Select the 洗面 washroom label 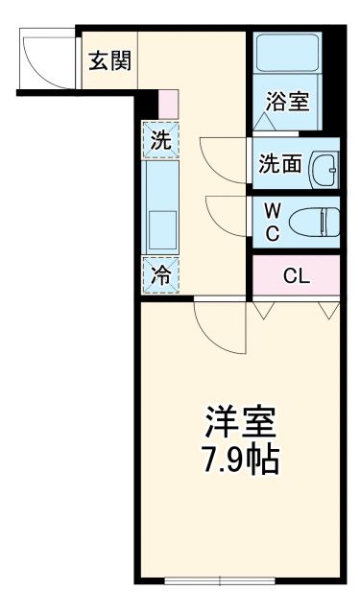point(279,164)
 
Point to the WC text point(272,220)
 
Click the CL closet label point(296,276)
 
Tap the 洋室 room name point(240,423)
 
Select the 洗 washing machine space point(161,140)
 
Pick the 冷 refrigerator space point(161,275)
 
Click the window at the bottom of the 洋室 point(220,579)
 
